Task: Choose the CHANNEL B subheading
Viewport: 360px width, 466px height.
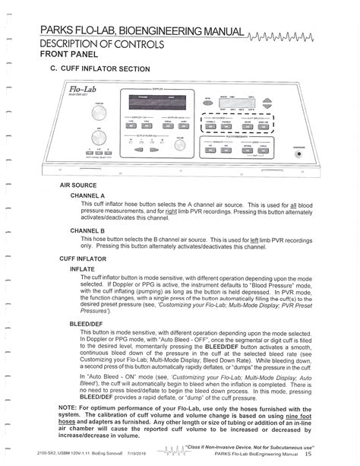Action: click(87, 230)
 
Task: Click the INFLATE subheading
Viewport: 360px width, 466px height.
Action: click(81, 269)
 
